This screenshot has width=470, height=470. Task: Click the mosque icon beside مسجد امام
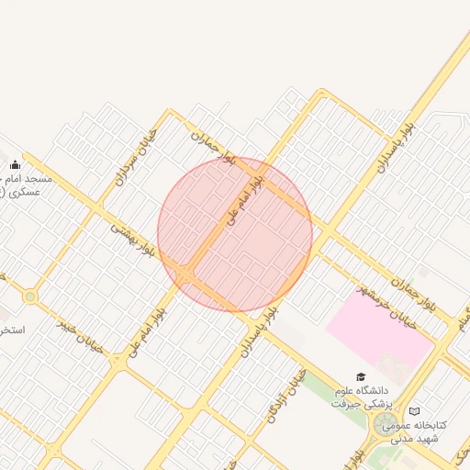point(15,165)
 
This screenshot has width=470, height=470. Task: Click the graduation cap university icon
point(361,377)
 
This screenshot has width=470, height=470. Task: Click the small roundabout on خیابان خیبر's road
point(30,297)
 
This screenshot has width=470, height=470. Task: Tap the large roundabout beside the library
point(386,423)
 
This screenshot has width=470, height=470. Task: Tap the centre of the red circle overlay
point(235,234)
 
